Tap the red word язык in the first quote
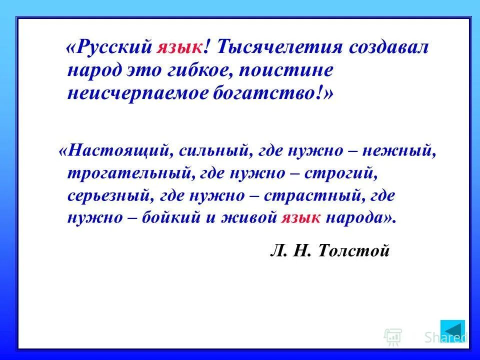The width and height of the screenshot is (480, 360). coord(179,48)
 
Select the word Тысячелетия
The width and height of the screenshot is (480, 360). coord(280,48)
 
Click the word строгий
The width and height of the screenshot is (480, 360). coord(340,173)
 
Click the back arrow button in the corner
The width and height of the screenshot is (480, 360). coord(453,331)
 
